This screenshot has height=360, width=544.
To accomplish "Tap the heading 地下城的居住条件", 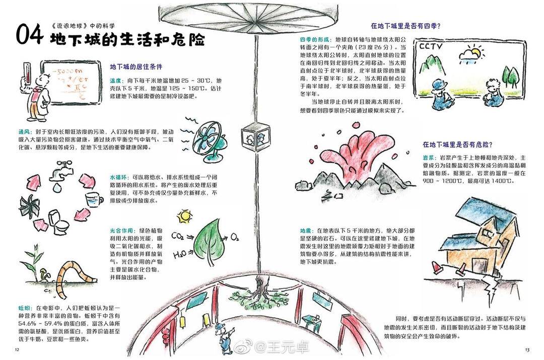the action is tap(136, 66).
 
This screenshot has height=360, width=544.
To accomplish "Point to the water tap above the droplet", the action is tap(59, 171).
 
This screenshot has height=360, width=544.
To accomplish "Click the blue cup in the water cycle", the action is tap(94, 199).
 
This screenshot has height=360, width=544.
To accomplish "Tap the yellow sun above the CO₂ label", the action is tap(184, 217).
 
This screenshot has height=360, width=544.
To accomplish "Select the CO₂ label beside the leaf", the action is tap(178, 237).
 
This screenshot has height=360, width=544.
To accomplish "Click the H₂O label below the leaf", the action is tap(180, 255).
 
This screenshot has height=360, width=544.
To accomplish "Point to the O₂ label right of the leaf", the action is tap(235, 238).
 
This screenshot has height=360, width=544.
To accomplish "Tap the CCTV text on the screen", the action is tap(431, 47).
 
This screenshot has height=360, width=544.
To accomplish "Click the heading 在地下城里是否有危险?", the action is tap(457, 145).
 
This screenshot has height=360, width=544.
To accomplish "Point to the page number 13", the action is tap(527, 349).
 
